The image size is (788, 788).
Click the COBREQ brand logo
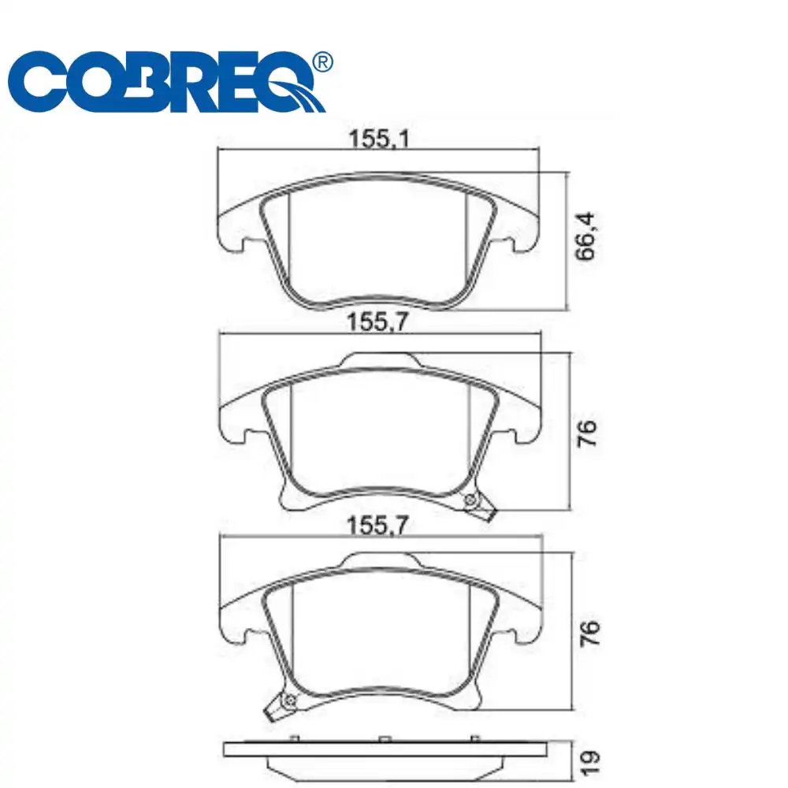click(x=169, y=81)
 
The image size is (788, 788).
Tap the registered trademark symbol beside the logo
click(x=322, y=61)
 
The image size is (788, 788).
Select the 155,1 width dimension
click(x=380, y=139)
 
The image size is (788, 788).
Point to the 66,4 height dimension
click(x=585, y=236)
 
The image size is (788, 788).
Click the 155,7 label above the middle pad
click(x=377, y=322)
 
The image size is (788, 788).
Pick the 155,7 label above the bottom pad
click(x=377, y=526)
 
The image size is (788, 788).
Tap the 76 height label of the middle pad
click(x=586, y=433)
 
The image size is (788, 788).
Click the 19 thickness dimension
click(x=589, y=764)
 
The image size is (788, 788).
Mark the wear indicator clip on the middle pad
click(x=478, y=506)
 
